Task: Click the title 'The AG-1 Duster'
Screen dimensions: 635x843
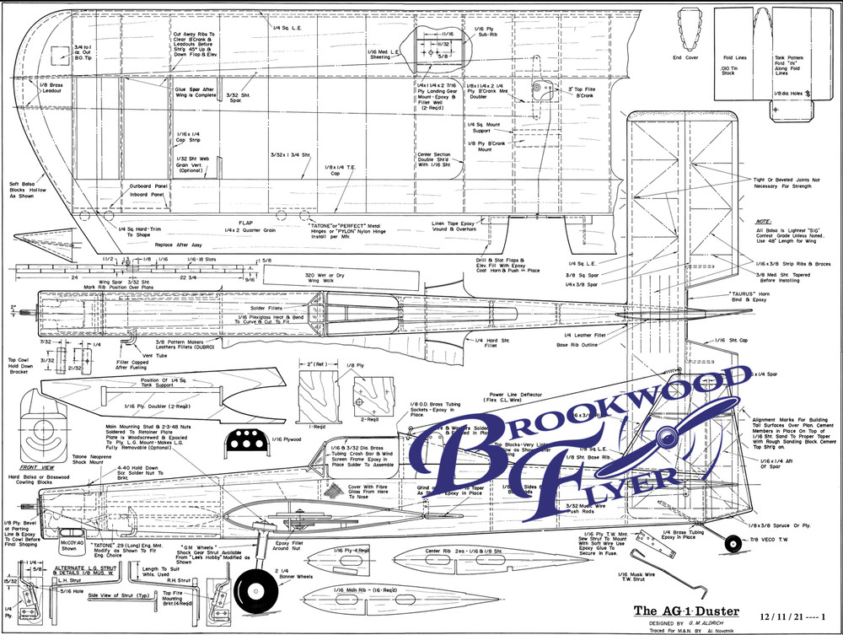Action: pos(686,611)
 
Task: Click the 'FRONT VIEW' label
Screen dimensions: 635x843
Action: pos(39,466)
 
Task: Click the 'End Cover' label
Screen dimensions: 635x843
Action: pos(685,58)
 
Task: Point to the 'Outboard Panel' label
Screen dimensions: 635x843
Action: pos(146,186)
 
